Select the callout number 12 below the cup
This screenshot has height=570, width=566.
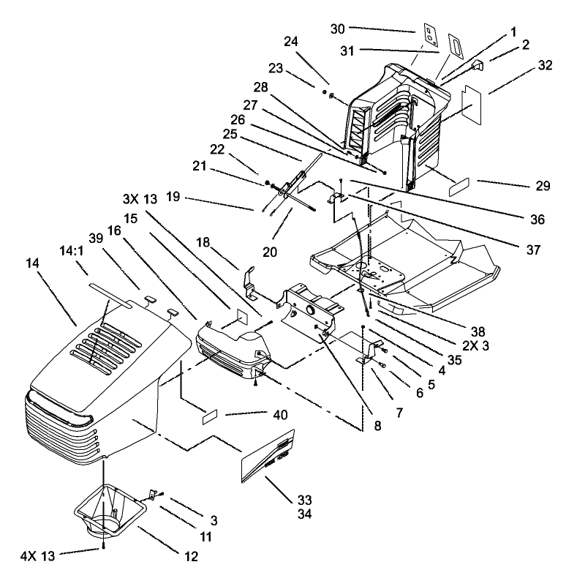tap(191, 556)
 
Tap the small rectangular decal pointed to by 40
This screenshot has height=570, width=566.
tap(209, 416)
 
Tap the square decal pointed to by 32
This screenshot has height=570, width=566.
tap(475, 100)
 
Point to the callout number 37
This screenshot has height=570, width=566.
tap(533, 250)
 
